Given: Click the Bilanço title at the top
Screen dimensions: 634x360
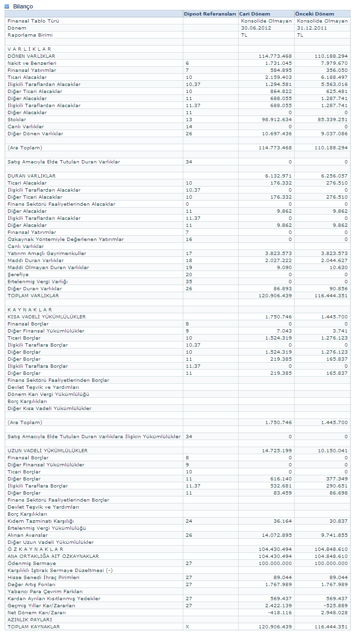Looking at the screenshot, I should point(23,6).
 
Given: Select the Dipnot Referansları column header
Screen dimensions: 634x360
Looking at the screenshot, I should point(210,14).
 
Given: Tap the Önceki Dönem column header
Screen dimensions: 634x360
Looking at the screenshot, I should point(314,14).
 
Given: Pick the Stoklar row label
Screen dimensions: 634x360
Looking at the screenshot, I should point(16,120).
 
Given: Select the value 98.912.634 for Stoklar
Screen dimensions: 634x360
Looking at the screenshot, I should point(275,120).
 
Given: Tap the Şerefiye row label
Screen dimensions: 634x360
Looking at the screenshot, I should point(18,275).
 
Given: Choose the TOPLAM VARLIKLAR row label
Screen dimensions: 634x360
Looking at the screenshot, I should point(33,296).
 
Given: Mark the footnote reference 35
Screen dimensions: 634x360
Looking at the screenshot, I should point(189,282).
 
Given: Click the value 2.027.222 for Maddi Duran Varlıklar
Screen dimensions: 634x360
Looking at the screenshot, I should point(278,261).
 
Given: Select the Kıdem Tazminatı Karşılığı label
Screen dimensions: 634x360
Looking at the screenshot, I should point(40,521).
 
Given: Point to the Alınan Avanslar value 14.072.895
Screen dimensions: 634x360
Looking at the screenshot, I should point(275,535).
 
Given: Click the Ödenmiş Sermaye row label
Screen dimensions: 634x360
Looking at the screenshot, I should point(31,564).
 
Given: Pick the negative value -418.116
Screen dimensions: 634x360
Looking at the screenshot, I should point(280,613).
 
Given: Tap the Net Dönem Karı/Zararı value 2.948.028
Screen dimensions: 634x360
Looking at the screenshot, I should point(335,613).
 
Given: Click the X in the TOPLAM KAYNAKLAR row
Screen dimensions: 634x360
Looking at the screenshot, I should point(188,627).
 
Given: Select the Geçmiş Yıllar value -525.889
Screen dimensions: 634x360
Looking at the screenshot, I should point(336,606).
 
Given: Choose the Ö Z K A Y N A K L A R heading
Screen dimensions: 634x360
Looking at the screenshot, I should point(36,549).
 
